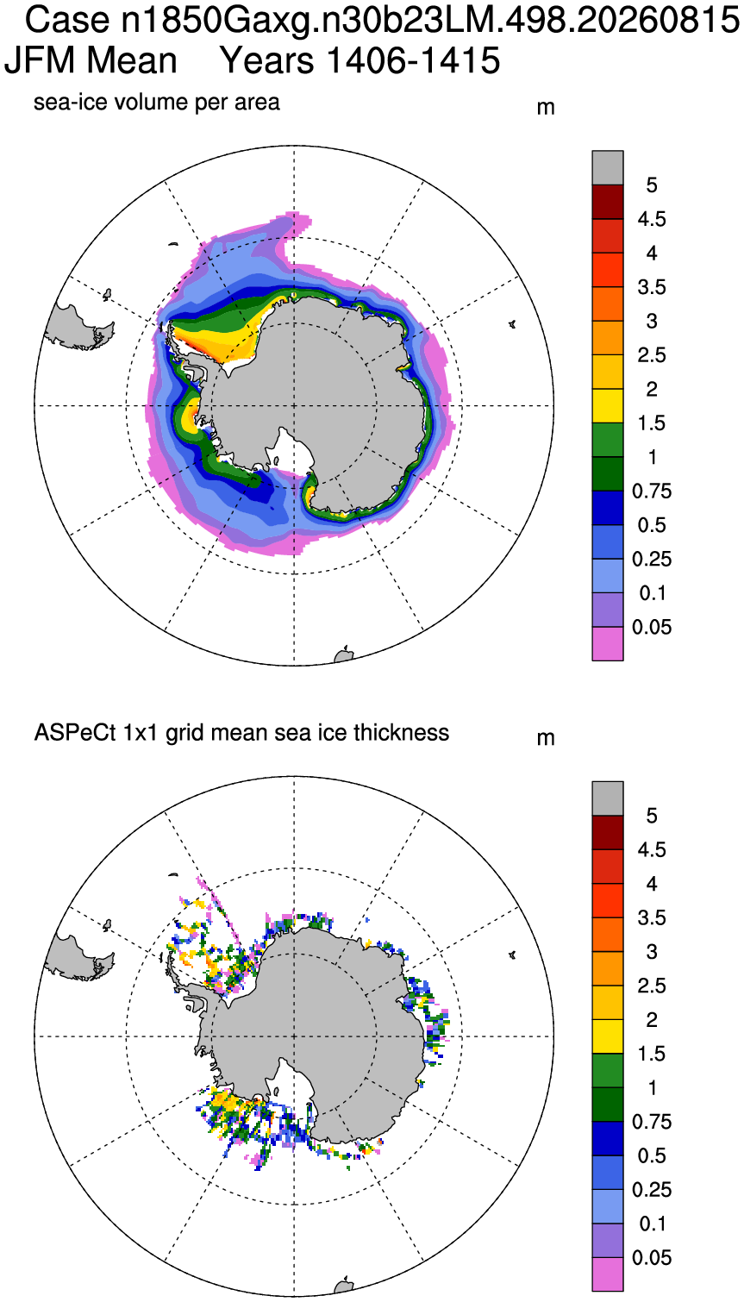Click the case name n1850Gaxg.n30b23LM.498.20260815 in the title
(430, 19)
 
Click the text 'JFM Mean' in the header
(91, 60)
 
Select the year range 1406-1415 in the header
(413, 60)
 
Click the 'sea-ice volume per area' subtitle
(156, 103)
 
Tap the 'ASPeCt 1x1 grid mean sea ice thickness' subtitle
(241, 733)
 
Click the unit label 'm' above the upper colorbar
(546, 108)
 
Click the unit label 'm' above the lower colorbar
(546, 739)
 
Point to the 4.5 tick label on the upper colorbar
(652, 219)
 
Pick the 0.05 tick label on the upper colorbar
(652, 627)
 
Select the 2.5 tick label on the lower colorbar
(652, 986)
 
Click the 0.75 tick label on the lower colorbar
(652, 1122)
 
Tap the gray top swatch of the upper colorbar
(608, 168)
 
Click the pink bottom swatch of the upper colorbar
(608, 644)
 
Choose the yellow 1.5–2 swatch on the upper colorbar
(608, 406)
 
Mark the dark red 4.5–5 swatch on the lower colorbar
(608, 832)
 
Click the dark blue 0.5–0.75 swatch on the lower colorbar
(608, 1138)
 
